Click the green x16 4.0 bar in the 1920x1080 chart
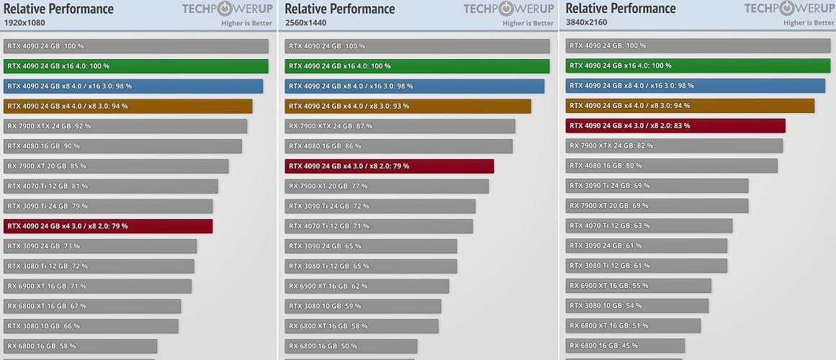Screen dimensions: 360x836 click(136, 66)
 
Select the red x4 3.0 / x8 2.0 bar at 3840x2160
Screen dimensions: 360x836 click(675, 126)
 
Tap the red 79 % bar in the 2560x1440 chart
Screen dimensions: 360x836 click(389, 166)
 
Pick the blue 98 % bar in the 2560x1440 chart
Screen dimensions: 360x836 click(414, 86)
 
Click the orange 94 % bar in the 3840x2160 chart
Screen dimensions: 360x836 click(690, 106)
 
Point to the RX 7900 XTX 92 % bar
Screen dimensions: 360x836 click(125, 126)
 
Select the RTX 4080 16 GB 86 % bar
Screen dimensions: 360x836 click(398, 146)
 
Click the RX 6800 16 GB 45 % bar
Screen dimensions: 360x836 click(625, 346)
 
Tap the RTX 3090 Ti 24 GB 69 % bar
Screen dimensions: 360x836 click(657, 186)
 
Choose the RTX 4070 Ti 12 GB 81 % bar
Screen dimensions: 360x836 click(111, 186)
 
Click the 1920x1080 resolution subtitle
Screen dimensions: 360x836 click(25, 22)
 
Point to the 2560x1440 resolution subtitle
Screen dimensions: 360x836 click(307, 22)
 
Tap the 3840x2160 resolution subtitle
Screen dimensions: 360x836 click(588, 22)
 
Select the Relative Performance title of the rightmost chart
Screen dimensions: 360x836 click(621, 9)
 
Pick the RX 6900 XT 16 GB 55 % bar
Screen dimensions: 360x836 click(638, 286)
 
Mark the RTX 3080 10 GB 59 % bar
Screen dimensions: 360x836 click(363, 306)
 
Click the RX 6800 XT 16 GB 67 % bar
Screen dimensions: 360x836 click(92, 306)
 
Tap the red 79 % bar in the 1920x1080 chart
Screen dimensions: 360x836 click(108, 226)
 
